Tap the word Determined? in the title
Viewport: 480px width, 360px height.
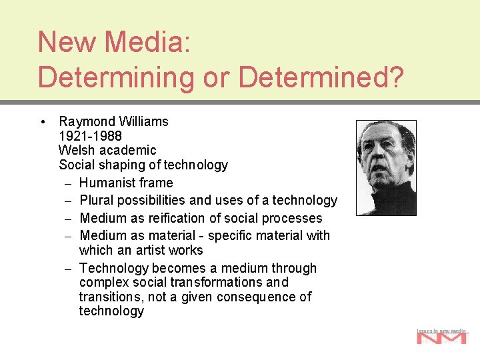321,77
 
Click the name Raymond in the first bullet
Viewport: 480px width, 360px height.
87,121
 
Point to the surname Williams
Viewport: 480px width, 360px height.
143,121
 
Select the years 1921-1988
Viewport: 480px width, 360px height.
90,136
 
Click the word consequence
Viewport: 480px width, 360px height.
257,297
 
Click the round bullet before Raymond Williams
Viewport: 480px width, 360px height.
43,122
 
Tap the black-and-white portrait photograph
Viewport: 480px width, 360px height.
386,168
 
